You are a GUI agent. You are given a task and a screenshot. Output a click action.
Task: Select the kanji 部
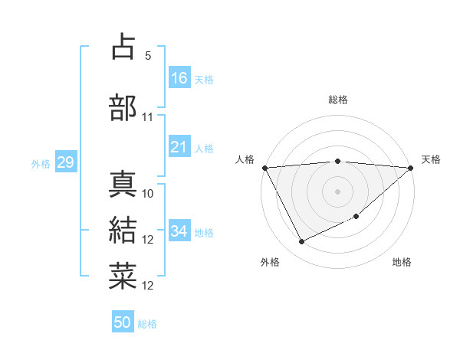point(123,107)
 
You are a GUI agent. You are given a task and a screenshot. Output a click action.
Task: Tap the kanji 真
point(123,184)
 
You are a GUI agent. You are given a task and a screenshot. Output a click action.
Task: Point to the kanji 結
point(123,231)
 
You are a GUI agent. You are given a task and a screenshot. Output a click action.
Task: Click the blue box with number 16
point(179,77)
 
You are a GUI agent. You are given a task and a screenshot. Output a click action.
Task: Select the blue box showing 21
point(179,147)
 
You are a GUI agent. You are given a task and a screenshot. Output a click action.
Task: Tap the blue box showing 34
point(179,231)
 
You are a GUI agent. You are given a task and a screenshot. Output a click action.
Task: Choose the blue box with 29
point(65,162)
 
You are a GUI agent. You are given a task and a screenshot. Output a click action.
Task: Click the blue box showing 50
point(123,323)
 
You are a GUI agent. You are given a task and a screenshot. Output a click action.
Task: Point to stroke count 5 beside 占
point(148,56)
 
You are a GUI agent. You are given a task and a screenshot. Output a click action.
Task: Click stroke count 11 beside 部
point(148,117)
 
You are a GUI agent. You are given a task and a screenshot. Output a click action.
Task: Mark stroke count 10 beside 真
point(148,194)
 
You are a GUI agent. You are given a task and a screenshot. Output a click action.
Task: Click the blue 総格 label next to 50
point(148,324)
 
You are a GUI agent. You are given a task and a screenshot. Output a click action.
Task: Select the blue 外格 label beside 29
point(41,163)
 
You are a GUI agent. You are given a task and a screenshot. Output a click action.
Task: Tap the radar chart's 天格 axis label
point(431,159)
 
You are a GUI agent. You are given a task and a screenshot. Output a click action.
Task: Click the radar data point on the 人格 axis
point(264,167)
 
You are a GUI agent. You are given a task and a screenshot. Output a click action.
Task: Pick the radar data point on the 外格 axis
point(301,242)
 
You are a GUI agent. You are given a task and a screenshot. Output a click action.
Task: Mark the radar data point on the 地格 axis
point(357,217)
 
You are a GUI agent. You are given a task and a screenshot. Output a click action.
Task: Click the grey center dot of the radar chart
point(337,191)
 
